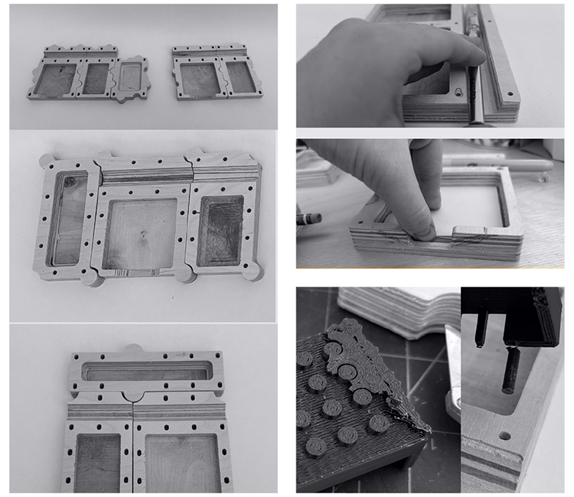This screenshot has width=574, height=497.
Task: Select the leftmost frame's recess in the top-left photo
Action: pyautogui.click(x=56, y=80)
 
